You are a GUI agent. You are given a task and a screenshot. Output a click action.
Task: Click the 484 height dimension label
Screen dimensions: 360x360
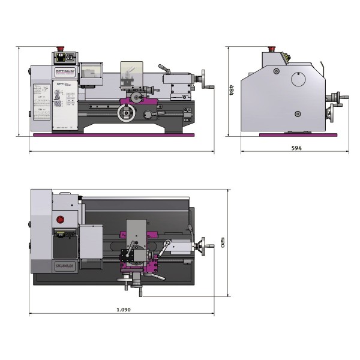point(232,91)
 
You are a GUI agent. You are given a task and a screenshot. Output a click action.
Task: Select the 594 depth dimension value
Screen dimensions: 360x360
point(296,147)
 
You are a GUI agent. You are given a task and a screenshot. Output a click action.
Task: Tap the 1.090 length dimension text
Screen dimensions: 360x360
point(124,310)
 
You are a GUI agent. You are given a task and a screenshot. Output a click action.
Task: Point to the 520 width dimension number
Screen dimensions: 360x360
point(223,243)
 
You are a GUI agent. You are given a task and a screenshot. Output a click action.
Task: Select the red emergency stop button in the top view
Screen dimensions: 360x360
point(59,219)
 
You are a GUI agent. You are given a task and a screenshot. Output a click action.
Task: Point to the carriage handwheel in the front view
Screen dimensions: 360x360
point(126,113)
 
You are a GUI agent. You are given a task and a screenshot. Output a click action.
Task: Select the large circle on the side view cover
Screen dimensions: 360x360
point(298,79)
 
